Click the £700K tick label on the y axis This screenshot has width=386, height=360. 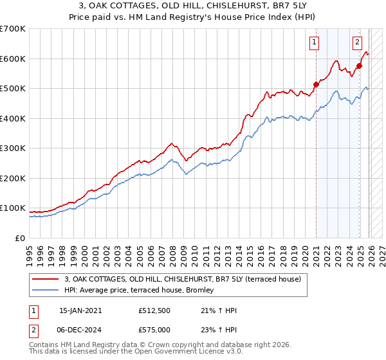click(13, 29)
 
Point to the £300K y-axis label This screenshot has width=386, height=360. click(13, 148)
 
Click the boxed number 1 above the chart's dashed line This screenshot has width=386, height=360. click(315, 43)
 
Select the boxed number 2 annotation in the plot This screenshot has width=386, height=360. click(357, 43)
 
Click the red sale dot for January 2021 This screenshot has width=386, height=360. click(316, 84)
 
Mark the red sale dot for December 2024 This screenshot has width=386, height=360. click(359, 65)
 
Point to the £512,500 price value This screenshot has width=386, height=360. click(154, 310)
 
